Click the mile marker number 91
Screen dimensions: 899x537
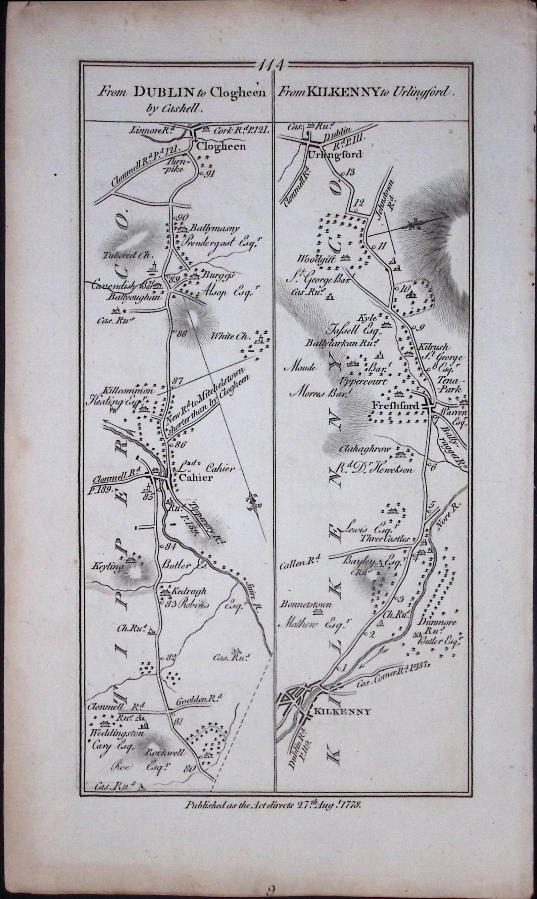(x=210, y=174)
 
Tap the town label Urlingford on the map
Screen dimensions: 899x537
(x=335, y=154)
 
